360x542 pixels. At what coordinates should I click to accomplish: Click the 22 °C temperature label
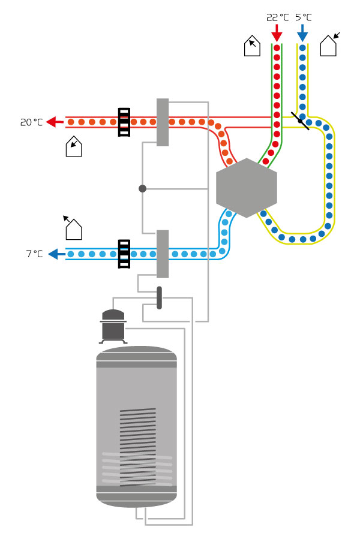click(x=277, y=17)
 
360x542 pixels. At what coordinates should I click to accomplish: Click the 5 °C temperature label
click(x=303, y=17)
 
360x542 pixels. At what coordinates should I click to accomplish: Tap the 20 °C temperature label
click(x=31, y=122)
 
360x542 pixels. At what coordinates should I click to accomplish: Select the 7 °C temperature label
click(x=34, y=254)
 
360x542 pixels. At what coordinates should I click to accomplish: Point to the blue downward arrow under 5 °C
click(x=302, y=32)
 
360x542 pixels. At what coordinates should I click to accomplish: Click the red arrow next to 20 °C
click(x=55, y=122)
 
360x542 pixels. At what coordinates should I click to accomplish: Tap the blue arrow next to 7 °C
click(x=56, y=254)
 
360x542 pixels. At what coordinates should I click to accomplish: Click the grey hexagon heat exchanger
click(x=247, y=188)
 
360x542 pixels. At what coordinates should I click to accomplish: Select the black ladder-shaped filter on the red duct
click(x=124, y=122)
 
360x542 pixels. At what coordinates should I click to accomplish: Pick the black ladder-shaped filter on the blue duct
click(x=124, y=254)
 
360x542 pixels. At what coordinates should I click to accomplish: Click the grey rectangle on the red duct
click(x=163, y=122)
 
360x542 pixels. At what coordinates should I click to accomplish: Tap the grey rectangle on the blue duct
click(x=163, y=254)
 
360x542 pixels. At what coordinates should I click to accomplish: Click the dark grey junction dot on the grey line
click(x=142, y=188)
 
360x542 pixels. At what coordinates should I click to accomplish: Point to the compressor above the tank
click(x=113, y=326)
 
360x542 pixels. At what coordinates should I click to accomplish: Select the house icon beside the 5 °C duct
click(x=329, y=46)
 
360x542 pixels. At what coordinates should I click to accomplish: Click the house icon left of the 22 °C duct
click(x=253, y=46)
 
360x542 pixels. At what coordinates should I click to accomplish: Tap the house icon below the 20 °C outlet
click(x=73, y=146)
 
